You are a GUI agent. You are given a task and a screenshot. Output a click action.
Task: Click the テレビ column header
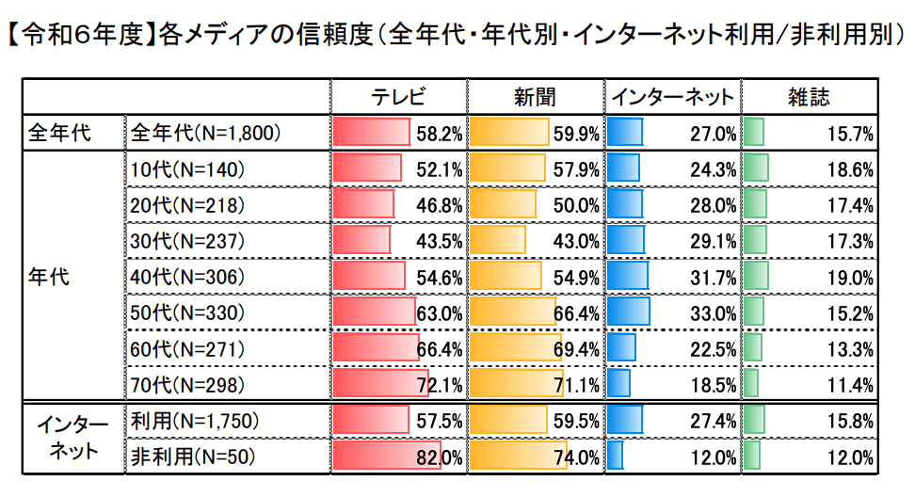tap(398, 97)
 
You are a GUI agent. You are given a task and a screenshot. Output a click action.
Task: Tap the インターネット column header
tap(672, 97)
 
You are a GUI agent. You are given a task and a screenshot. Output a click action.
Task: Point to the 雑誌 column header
tap(809, 97)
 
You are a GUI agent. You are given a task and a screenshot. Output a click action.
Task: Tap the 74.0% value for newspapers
tap(578, 458)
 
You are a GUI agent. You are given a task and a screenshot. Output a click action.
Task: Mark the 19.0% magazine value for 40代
tap(851, 278)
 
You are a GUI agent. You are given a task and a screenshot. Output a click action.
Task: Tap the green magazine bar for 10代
tap(756, 169)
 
